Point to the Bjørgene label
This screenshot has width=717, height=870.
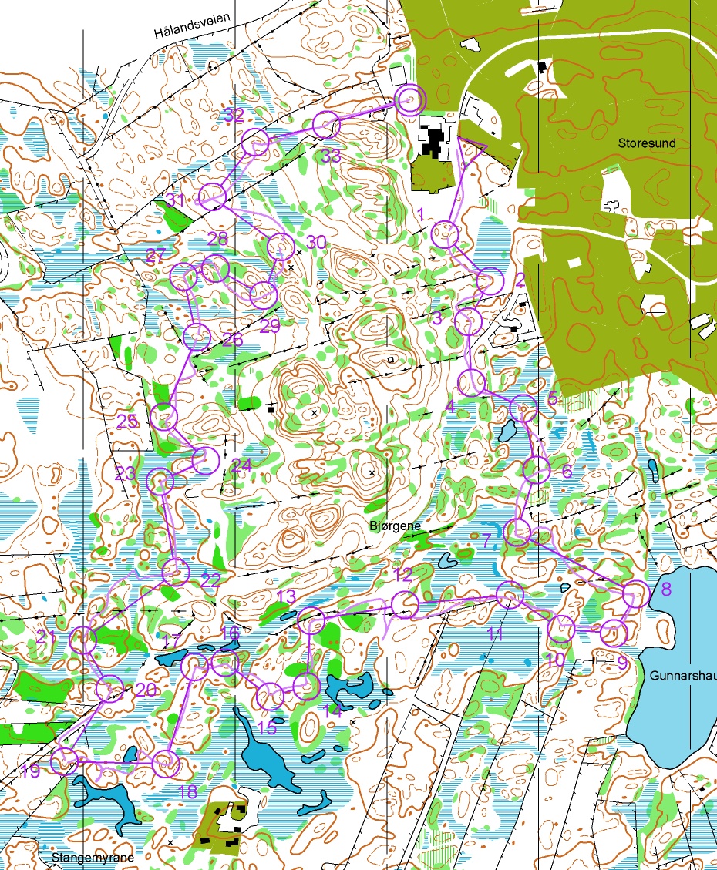coord(396,526)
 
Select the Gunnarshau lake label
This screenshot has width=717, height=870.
coord(682,676)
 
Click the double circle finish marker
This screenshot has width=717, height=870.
coord(410,99)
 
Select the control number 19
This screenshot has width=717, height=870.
coord(31,771)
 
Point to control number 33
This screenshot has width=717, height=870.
coord(331,156)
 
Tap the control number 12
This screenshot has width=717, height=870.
coord(402,574)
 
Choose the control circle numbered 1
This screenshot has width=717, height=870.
coord(445,234)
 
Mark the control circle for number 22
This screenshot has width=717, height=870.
coord(175,571)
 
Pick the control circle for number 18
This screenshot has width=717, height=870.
coord(166,764)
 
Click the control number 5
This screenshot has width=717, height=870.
coord(552,398)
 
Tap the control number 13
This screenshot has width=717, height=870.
coord(286,596)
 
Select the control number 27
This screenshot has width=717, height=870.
coord(155,257)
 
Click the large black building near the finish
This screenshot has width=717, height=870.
coord(436,143)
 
